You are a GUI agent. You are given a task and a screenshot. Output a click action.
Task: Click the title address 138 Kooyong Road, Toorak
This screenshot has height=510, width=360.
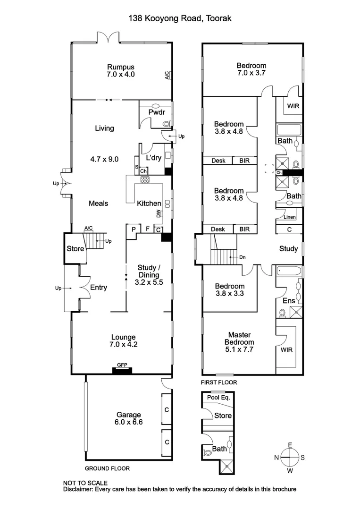[180, 18]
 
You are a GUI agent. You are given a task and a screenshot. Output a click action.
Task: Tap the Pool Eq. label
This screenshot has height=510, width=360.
[218, 398]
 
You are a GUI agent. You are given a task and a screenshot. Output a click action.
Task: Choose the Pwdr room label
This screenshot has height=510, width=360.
[156, 112]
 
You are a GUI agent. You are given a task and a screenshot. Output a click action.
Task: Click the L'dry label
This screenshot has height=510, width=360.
[154, 158]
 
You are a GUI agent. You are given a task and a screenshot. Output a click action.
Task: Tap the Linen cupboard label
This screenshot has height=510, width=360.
[290, 217]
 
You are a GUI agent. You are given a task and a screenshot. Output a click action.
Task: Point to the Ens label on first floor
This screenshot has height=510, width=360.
[288, 300]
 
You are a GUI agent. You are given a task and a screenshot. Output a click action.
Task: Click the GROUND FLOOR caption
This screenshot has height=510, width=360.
[107, 468]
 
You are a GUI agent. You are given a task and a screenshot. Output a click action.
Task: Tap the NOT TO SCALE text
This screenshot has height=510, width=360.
[85, 483]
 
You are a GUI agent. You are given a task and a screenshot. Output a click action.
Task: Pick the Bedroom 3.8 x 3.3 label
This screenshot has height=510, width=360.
[230, 289]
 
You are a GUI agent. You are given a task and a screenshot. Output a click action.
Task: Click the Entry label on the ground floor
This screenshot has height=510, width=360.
[98, 288]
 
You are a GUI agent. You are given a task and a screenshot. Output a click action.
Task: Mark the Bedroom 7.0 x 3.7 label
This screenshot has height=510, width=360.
[251, 69]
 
